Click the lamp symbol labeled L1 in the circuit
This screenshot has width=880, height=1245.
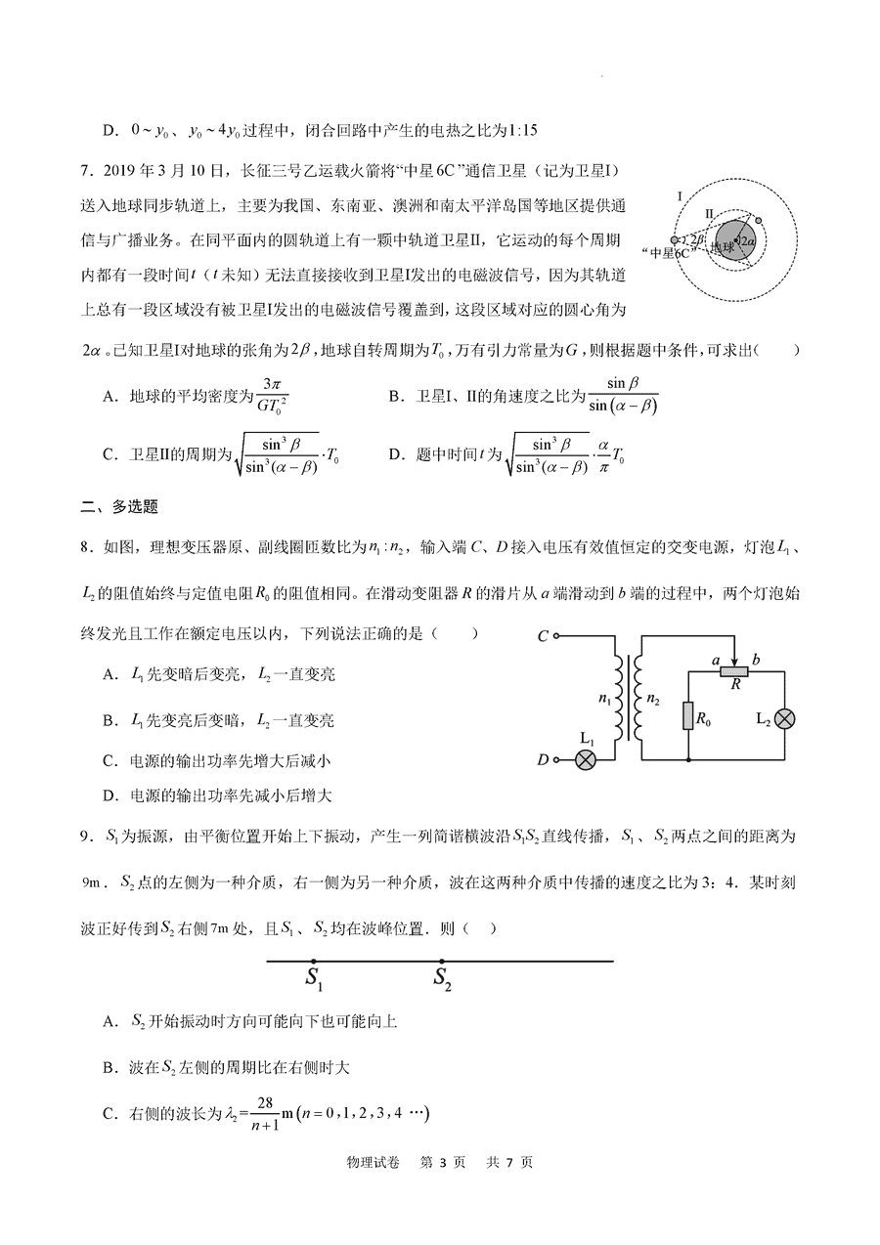[x=585, y=759]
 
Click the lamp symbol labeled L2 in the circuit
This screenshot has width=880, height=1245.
[x=784, y=718]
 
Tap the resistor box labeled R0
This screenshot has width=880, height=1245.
[x=688, y=717]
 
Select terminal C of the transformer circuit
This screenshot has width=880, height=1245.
[x=556, y=637]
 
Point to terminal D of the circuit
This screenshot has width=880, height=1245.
[x=556, y=759]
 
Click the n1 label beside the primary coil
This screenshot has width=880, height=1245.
[x=603, y=701]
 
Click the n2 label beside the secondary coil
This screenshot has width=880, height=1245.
[x=655, y=701]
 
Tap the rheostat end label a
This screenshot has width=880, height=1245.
[x=716, y=661]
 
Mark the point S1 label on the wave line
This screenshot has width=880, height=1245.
[x=314, y=977]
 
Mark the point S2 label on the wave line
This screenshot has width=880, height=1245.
[x=442, y=977]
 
